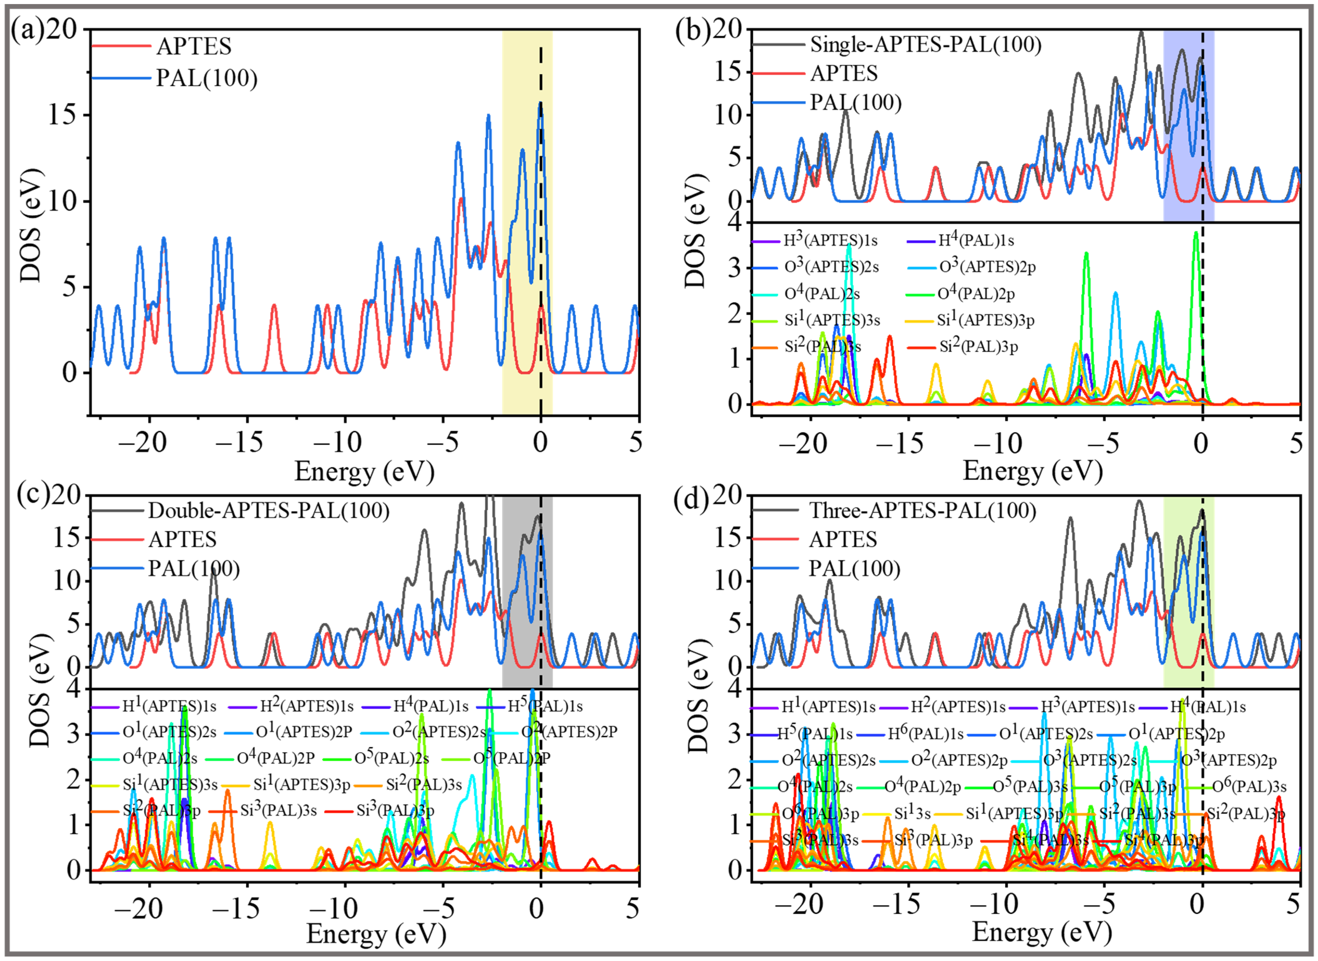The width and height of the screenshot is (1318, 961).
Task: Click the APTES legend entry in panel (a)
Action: pos(194,47)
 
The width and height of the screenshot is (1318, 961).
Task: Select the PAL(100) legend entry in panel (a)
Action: pos(207,78)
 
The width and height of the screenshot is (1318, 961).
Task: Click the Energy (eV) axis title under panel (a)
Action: pos(364,471)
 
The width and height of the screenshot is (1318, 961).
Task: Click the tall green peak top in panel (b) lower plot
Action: pos(1195,233)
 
